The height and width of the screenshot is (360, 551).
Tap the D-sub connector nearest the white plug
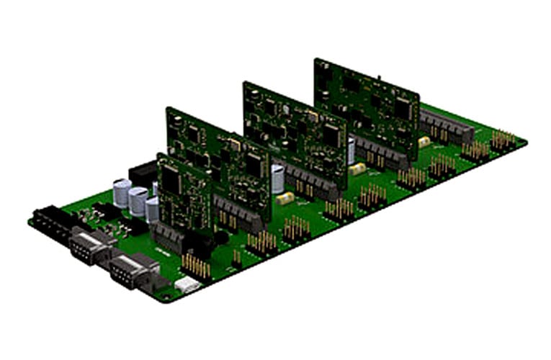(x=130, y=270)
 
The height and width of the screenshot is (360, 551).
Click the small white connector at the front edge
(x=184, y=285)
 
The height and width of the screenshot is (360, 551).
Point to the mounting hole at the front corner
(x=166, y=295)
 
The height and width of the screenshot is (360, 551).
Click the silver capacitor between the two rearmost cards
(x=351, y=150)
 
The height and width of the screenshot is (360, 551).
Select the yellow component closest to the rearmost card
(x=424, y=142)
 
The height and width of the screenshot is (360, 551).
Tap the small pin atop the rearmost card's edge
(x=379, y=75)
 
